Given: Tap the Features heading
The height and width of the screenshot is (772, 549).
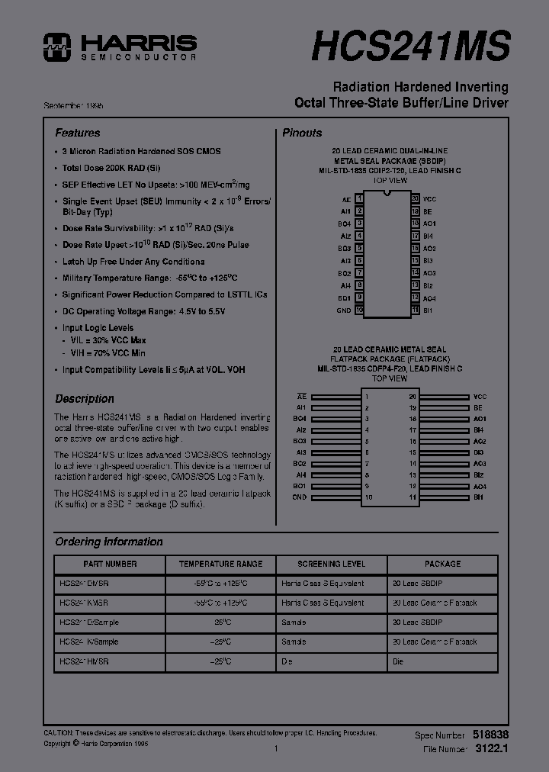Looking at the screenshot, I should [77, 133].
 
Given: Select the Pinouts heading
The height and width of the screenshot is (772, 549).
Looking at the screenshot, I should [302, 133].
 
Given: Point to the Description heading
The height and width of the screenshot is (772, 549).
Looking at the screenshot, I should [85, 399].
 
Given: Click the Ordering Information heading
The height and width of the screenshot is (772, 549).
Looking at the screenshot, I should [108, 542].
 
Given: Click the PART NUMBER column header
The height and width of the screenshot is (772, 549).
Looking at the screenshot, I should [110, 564].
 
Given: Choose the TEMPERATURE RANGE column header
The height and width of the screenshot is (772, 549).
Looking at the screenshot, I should [220, 564].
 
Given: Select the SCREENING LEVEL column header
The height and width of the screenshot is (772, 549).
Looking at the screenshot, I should [331, 564].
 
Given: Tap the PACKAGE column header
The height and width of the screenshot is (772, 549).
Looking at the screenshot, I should [442, 564].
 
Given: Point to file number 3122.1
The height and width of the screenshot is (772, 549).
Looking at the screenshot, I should [491, 749].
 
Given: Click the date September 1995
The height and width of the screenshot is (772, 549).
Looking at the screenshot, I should [74, 105].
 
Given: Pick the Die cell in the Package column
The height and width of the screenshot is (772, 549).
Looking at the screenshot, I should [398, 661].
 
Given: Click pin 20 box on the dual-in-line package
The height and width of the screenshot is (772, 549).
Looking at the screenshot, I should [415, 198].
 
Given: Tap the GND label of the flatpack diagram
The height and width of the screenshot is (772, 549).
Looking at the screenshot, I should [299, 497].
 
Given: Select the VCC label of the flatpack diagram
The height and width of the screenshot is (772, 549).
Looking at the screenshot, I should [480, 397].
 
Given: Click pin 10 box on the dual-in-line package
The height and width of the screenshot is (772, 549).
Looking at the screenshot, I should [359, 310].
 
